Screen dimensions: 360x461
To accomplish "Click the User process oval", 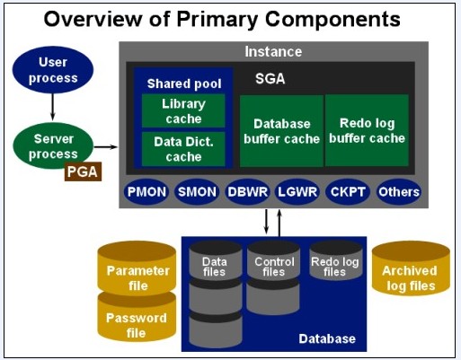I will point(53,70).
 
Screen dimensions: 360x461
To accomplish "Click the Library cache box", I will point(183,111).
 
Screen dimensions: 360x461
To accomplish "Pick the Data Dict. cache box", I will point(183,149).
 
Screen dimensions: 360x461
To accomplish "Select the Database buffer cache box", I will point(279,131).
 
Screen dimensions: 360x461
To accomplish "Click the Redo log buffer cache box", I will point(366,131).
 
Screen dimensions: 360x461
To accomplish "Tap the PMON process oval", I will point(146,191).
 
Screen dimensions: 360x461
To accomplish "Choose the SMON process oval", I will point(196,191).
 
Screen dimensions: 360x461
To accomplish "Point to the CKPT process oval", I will point(347,191).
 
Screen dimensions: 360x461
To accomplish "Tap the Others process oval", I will point(398,191).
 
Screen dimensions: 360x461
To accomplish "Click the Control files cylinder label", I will point(272,266).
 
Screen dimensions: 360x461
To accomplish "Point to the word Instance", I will point(273,52).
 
